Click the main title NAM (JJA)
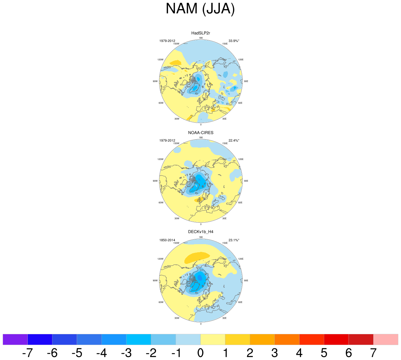tap(200, 9)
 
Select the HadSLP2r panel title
tap(200, 33)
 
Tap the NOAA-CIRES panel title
tap(200, 133)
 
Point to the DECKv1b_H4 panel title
tap(200, 232)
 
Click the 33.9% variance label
tap(234, 41)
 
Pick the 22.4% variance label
tap(234, 141)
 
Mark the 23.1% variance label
tap(234, 240)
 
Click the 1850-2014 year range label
tap(167, 240)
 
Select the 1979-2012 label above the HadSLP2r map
tap(167, 41)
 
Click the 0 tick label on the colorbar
tap(200, 353)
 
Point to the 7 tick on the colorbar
tap(373, 353)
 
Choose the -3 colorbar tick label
tap(126, 353)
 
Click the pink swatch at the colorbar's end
tap(386, 339)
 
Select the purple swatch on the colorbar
tap(15, 339)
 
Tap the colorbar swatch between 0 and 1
tap(213, 339)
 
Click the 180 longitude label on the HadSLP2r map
tap(201, 38)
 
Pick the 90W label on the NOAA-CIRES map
tap(155, 181)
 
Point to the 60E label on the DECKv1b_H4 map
tap(240, 302)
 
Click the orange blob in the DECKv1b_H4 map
tap(197, 257)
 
